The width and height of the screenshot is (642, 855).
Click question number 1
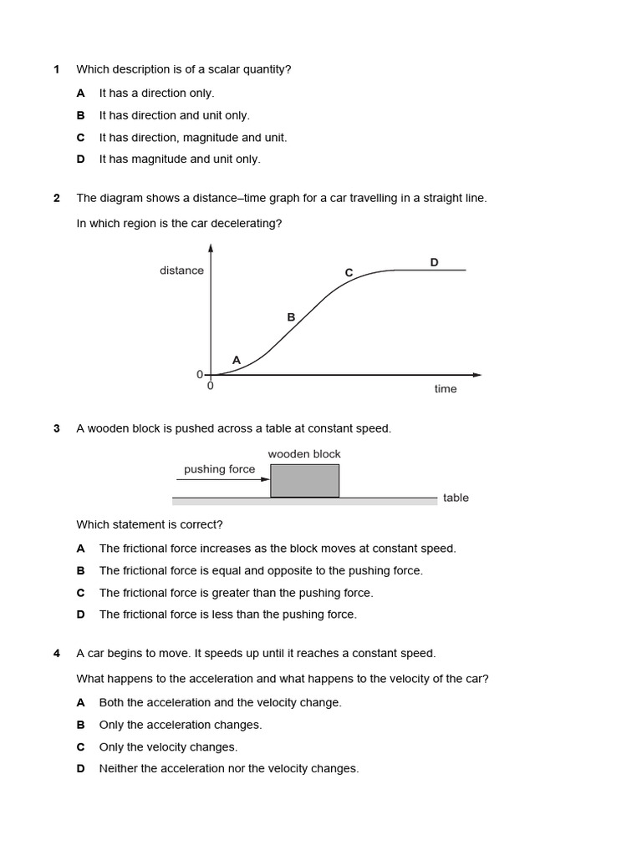pyautogui.click(x=57, y=70)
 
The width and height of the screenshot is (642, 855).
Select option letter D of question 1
pyautogui.click(x=81, y=159)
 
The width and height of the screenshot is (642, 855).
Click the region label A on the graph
pyautogui.click(x=237, y=360)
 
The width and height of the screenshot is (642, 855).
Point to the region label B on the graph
pyautogui.click(x=291, y=317)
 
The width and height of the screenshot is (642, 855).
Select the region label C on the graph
pyautogui.click(x=349, y=273)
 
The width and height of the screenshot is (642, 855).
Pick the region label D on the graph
pyautogui.click(x=434, y=262)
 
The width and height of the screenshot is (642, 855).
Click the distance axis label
pyautogui.click(x=181, y=271)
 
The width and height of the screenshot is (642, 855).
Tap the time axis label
pyautogui.click(x=446, y=389)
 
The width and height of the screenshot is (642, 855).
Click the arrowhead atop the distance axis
pyautogui.click(x=211, y=247)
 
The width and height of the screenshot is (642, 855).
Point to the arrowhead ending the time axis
pyautogui.click(x=477, y=375)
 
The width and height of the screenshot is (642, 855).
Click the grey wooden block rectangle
pyautogui.click(x=304, y=481)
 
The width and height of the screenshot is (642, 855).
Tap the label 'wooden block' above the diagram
pyautogui.click(x=304, y=454)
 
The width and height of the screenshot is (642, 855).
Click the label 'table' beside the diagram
pyautogui.click(x=456, y=498)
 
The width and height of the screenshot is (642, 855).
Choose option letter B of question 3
pyautogui.click(x=81, y=571)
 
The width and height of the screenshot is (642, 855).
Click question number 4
pyautogui.click(x=57, y=654)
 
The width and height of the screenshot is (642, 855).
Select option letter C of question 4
pyautogui.click(x=81, y=747)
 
